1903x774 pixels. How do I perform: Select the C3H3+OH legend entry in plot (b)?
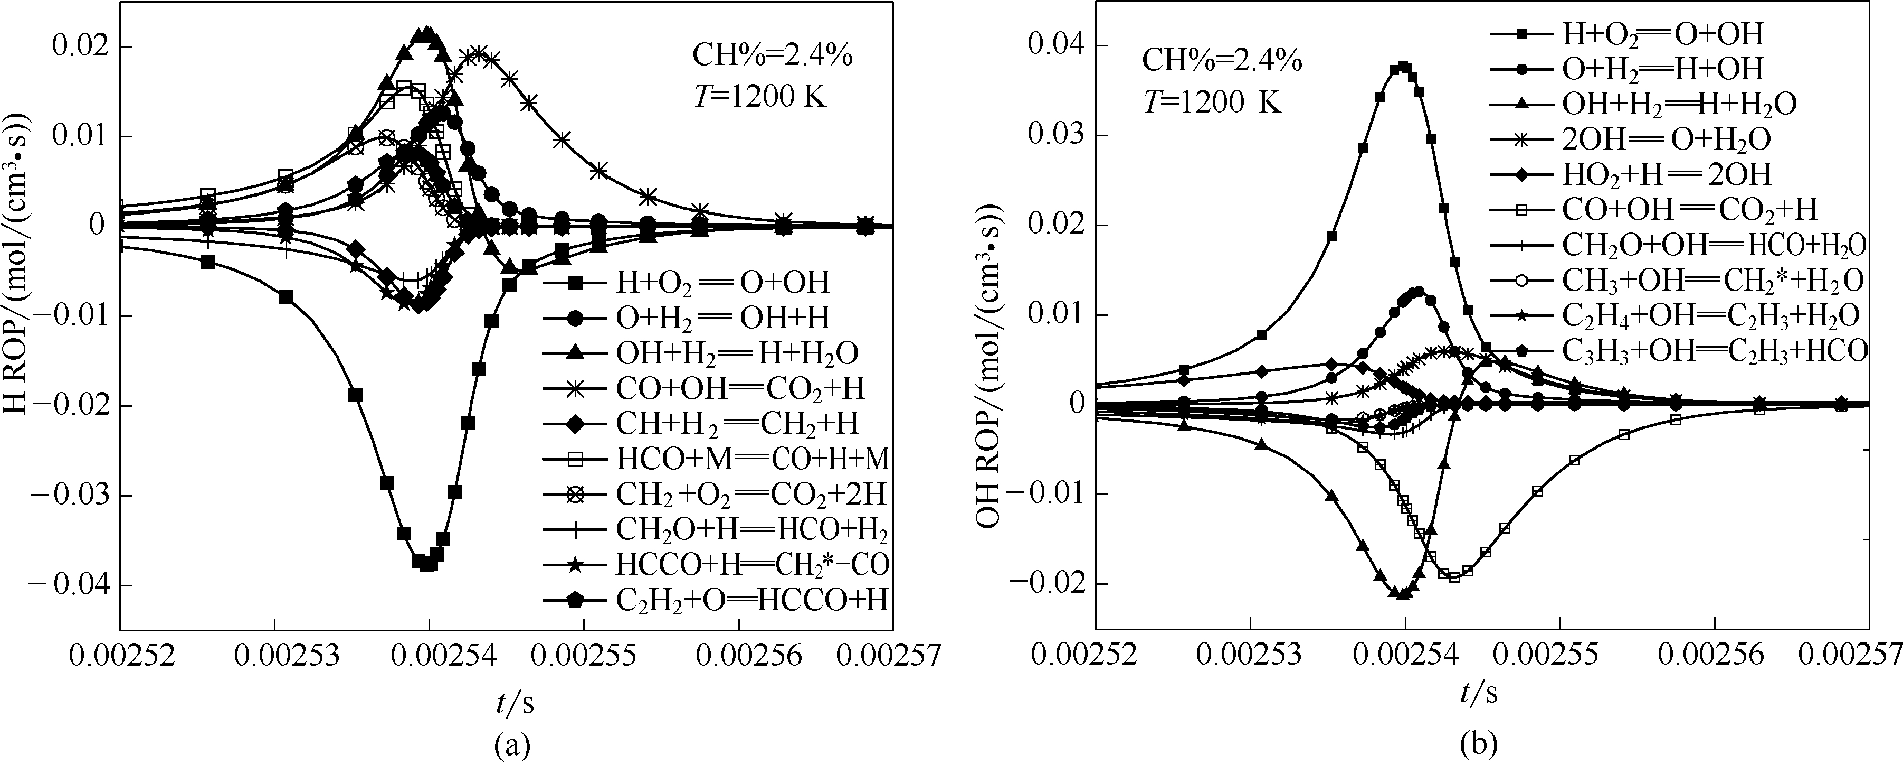pos(1714,350)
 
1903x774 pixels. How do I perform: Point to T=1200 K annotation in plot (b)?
pos(1212,100)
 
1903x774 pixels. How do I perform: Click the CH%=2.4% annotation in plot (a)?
pos(772,56)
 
